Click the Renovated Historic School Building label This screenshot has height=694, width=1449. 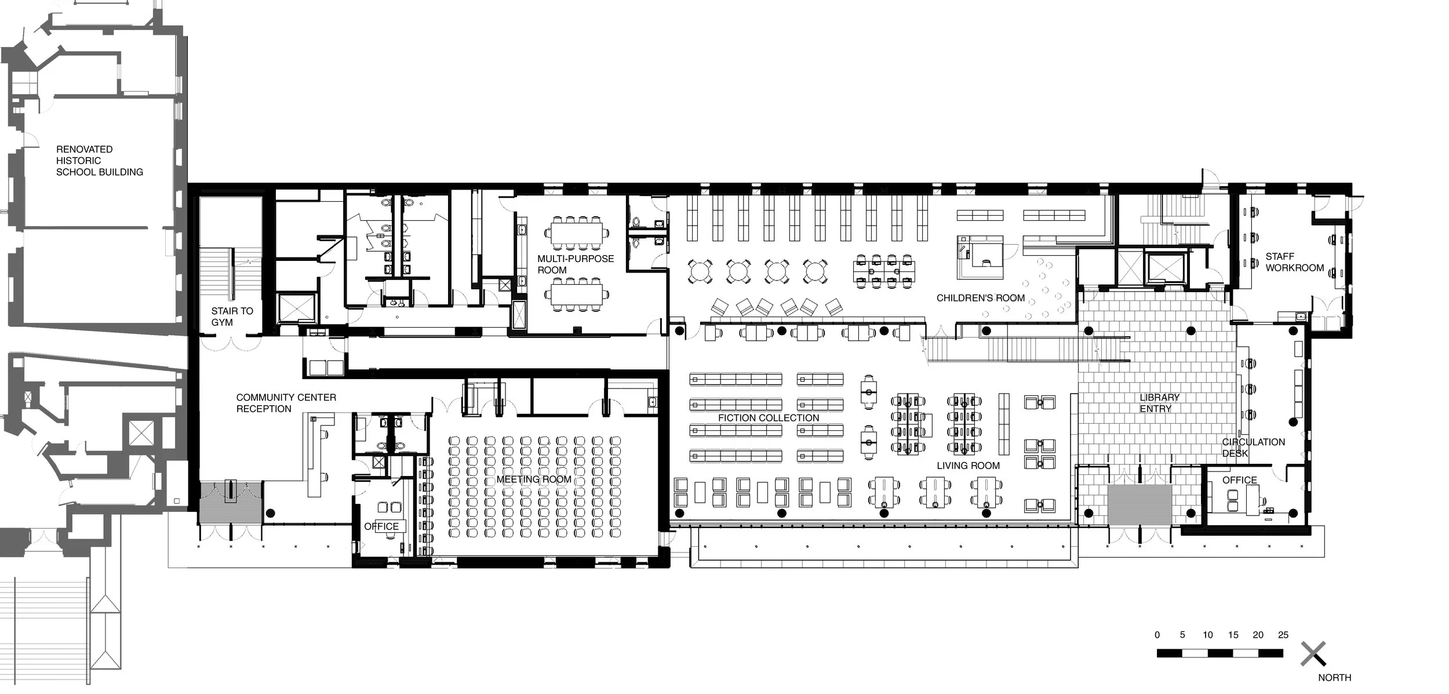pos(99,161)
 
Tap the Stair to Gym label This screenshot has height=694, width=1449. pos(232,317)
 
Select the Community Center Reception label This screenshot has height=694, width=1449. pos(286,403)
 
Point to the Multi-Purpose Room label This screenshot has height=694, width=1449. pos(575,264)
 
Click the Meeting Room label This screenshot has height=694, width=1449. pos(533,479)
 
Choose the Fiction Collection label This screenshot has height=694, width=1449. pos(769,418)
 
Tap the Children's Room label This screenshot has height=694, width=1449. pos(981,298)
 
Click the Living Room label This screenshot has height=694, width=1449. pos(968,466)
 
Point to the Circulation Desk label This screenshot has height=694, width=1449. pos(1253,448)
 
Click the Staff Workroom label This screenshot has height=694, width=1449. pos(1294,262)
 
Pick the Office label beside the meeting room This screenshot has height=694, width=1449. pos(381,526)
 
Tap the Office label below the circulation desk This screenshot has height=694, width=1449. pos(1239,480)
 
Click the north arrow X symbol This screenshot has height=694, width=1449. pos(1313,653)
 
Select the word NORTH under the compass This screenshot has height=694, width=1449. pos(1334,678)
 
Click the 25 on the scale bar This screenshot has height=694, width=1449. pos(1283,635)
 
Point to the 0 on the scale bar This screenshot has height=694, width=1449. pos(1157,635)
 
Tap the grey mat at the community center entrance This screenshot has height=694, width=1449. pos(231,502)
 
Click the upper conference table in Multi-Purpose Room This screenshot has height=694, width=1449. pos(576,233)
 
